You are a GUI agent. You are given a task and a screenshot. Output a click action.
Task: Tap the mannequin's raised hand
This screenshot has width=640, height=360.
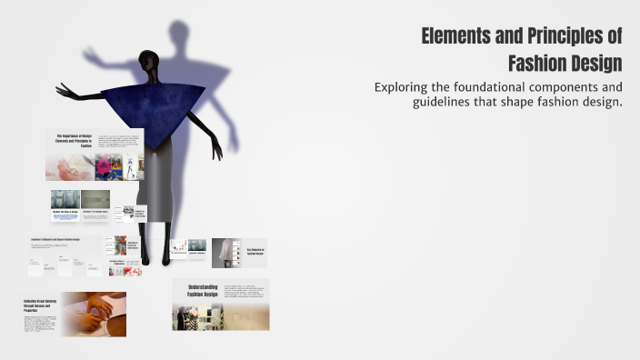point(65,91)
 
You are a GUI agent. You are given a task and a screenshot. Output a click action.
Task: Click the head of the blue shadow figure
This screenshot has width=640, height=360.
point(180,32)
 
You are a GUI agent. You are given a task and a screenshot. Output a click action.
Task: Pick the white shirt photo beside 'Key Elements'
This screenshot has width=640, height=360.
point(226,252)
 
